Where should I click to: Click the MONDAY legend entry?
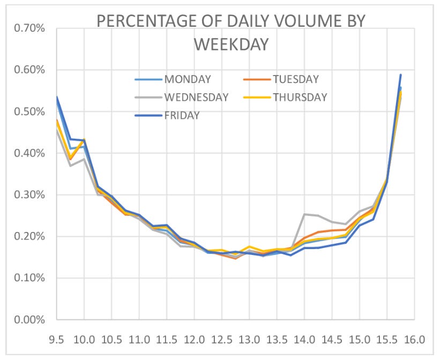[188, 80]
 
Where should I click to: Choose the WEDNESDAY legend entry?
[197, 97]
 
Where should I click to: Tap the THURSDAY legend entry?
[298, 97]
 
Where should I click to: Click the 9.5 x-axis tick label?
[56, 340]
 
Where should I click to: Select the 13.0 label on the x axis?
[249, 340]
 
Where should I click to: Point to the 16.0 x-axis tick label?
[414, 340]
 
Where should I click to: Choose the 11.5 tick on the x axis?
[167, 340]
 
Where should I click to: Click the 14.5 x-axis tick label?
[332, 340]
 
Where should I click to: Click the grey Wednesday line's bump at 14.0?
[304, 214]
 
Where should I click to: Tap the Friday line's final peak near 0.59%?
[400, 75]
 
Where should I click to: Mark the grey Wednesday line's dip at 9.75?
[70, 166]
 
